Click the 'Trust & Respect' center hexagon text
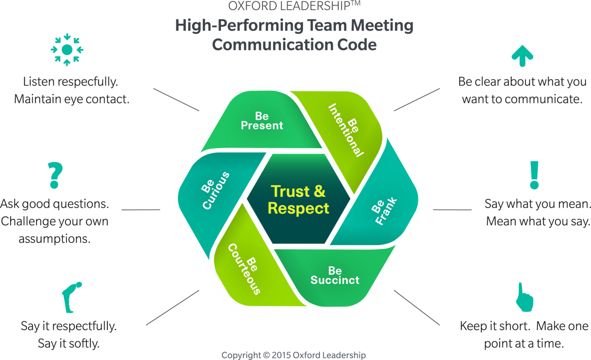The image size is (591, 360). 298,200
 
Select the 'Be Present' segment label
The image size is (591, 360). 262,121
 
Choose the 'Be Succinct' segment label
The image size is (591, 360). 335,276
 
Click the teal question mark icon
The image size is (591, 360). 55,175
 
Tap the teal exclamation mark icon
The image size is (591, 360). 534,175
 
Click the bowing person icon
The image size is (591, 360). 72,297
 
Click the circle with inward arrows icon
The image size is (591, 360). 67,50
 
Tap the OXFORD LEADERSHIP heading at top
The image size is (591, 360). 294,6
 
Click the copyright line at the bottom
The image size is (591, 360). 294,355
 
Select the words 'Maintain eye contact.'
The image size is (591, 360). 72,99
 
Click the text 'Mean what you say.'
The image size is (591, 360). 538,221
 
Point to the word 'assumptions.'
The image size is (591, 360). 54,239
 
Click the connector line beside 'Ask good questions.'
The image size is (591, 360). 141,210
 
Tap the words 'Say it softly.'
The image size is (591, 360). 68,343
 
